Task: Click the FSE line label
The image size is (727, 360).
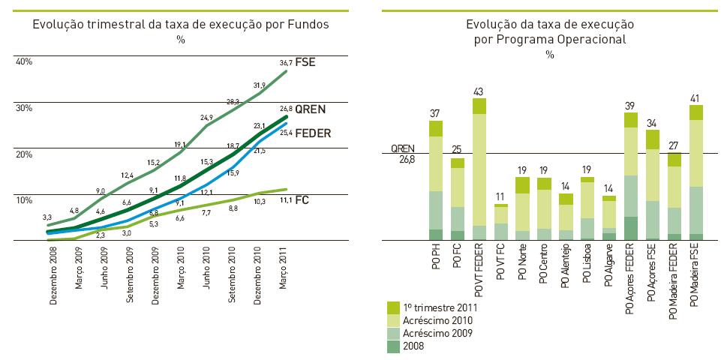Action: pyautogui.click(x=305, y=62)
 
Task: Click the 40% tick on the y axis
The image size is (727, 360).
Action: pyautogui.click(x=24, y=61)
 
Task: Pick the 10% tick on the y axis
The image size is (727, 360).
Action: pyautogui.click(x=24, y=200)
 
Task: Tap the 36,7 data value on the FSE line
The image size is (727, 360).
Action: pyautogui.click(x=285, y=64)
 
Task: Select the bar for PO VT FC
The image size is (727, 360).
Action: pyautogui.click(x=501, y=222)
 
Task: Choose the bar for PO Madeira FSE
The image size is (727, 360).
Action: pyautogui.click(x=696, y=172)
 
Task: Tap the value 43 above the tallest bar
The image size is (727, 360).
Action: pyautogui.click(x=479, y=91)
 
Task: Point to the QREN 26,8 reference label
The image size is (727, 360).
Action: pyautogui.click(x=402, y=154)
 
